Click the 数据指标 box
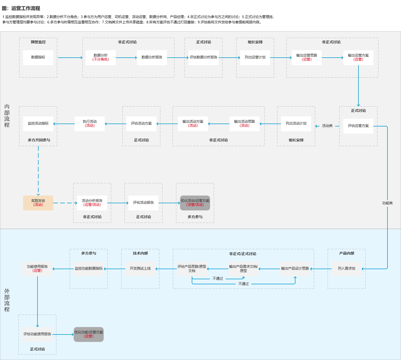(x=38, y=57)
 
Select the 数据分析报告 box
(x=152, y=57)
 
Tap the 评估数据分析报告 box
(x=203, y=57)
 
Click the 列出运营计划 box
(x=255, y=57)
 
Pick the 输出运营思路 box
(x=307, y=57)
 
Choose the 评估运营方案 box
(x=358, y=126)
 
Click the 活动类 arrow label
(x=327, y=126)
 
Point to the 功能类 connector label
(x=387, y=203)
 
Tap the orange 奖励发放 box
(x=38, y=203)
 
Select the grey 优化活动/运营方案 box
(x=195, y=203)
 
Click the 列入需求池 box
(x=346, y=269)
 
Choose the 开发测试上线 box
(x=140, y=269)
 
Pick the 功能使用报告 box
(x=37, y=269)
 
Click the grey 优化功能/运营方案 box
(x=89, y=334)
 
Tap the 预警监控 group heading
(x=38, y=42)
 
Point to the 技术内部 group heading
(x=140, y=253)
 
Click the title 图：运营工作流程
(x=21, y=9)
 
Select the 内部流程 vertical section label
(x=7, y=116)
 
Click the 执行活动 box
(x=90, y=124)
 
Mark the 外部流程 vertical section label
(x=7, y=300)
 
